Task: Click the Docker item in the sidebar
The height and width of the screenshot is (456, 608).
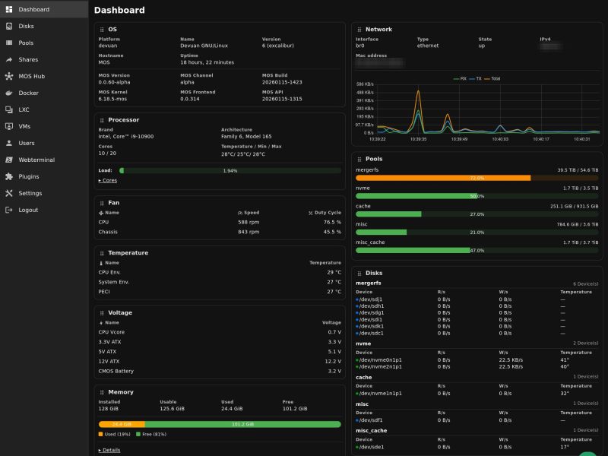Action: pyautogui.click(x=28, y=93)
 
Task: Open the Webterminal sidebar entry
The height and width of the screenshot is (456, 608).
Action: pyautogui.click(x=36, y=160)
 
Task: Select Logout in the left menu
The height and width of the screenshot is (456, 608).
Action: pyautogui.click(x=28, y=210)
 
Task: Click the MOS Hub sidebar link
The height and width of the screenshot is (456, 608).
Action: pyautogui.click(x=31, y=76)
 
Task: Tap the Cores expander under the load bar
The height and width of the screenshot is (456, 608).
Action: pyautogui.click(x=109, y=181)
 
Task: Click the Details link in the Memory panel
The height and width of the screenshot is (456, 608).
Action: pyautogui.click(x=110, y=450)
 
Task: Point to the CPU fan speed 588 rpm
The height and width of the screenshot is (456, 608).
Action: pyautogui.click(x=249, y=222)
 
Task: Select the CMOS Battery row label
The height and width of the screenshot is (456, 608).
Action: pyautogui.click(x=116, y=372)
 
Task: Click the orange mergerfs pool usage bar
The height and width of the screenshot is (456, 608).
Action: pyautogui.click(x=443, y=178)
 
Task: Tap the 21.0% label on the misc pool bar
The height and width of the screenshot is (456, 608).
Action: pyautogui.click(x=477, y=233)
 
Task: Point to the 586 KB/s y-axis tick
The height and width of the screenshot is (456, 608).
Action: pyautogui.click(x=364, y=84)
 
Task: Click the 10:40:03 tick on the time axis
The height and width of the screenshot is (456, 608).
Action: pyautogui.click(x=499, y=139)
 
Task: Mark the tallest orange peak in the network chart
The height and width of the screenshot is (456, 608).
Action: pyautogui.click(x=417, y=92)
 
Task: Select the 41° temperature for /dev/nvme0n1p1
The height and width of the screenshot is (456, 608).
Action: pyautogui.click(x=565, y=360)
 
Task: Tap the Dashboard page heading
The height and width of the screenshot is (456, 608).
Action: pyautogui.click(x=119, y=11)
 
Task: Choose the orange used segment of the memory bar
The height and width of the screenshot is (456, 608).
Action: pyautogui.click(x=122, y=424)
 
